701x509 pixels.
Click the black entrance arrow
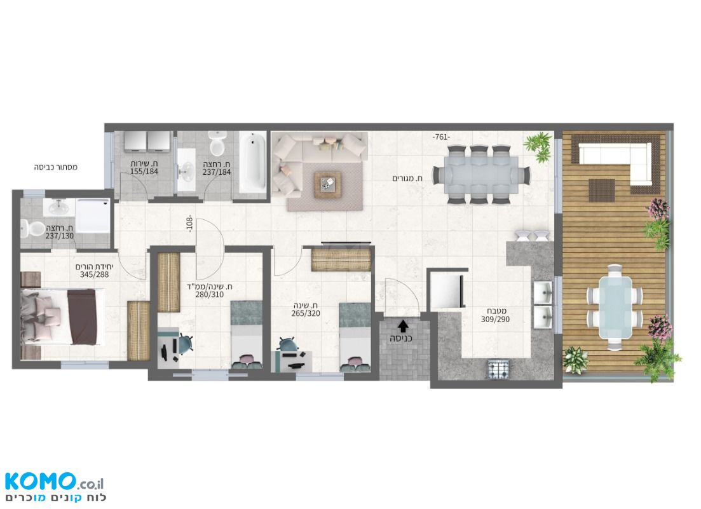[404, 326]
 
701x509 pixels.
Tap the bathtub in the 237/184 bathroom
[252, 162]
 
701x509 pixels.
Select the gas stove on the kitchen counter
[499, 369]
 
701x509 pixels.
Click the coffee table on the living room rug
[327, 184]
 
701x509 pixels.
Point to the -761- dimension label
[441, 137]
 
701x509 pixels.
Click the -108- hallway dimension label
[189, 224]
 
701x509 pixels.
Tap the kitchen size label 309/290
[495, 319]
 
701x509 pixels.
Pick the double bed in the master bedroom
[62, 316]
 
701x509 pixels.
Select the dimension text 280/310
[209, 294]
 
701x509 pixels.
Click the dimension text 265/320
[306, 313]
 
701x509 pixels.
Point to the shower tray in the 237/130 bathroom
[93, 215]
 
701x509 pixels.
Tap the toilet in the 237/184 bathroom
[218, 142]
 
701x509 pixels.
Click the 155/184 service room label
[144, 171]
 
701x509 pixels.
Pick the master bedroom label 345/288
[94, 275]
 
